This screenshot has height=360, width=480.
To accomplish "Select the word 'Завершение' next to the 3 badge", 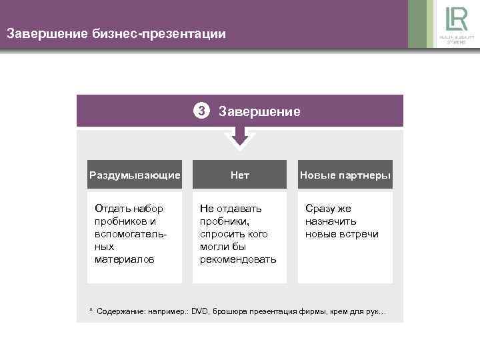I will (259, 111).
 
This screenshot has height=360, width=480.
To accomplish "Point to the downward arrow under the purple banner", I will (239, 137).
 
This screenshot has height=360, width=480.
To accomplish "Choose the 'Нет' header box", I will (239, 175).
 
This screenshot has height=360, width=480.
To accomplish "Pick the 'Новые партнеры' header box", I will (345, 175).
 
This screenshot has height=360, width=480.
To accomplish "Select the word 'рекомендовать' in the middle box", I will (238, 259).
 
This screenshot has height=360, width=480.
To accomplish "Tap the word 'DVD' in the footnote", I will (200, 311).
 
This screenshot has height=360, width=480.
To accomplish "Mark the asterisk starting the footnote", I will (91, 311).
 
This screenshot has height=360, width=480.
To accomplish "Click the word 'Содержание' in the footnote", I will (119, 311).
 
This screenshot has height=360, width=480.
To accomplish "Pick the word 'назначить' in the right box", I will (331, 221).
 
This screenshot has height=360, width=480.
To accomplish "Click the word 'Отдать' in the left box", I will (111, 209).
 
